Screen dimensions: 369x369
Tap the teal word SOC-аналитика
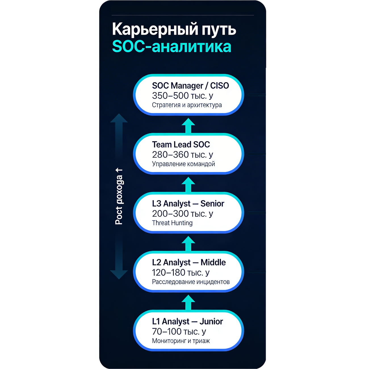[x=171, y=47]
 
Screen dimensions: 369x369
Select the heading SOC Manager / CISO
[x=190, y=86]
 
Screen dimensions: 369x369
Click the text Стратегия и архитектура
[x=187, y=105]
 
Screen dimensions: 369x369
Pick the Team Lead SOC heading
[x=181, y=144]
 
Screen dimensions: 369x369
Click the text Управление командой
[x=183, y=164]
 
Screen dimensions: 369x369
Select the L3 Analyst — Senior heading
[x=188, y=204]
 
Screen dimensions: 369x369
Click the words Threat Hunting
[x=172, y=223]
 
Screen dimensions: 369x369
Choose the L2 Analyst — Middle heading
[x=189, y=263]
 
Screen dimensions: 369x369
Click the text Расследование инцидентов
[x=191, y=282]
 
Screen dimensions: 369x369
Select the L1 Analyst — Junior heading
[x=187, y=322]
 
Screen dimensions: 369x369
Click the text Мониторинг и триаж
[x=181, y=341]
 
